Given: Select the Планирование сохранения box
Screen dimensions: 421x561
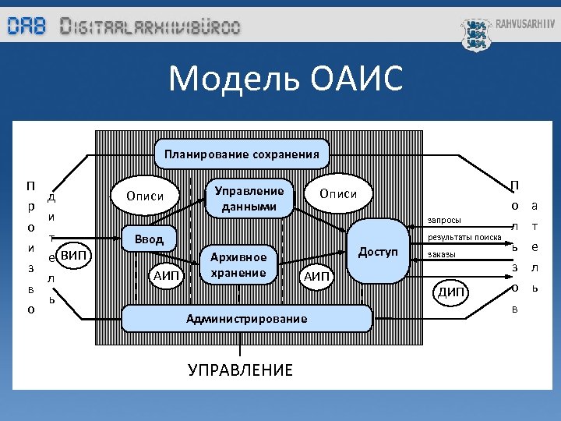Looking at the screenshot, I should [241, 154].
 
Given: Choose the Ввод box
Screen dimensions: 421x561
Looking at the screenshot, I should [149, 239].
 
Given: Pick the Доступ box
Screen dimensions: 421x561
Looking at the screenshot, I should [378, 252].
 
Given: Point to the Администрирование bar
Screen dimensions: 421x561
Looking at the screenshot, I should [246, 318].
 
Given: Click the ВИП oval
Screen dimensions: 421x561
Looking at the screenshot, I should [75, 255].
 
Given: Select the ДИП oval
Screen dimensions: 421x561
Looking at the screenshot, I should [452, 292].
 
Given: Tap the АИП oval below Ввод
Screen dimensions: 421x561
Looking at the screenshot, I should [167, 275].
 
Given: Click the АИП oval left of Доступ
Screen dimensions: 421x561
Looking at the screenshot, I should [317, 275].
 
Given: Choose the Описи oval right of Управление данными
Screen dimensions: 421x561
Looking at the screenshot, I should [339, 194].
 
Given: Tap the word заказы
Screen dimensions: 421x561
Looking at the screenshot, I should [442, 254].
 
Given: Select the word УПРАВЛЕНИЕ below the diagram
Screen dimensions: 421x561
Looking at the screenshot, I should [241, 370].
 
